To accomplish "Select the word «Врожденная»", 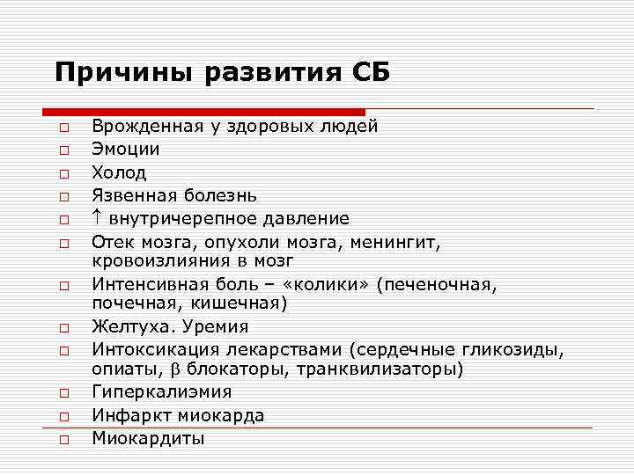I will pyautogui.click(x=147, y=126).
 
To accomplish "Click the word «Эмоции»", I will pyautogui.click(x=126, y=149).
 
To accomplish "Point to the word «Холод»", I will pyautogui.click(x=120, y=172).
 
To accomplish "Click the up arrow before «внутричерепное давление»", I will pyautogui.click(x=97, y=217).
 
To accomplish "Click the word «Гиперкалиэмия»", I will pyautogui.click(x=162, y=392).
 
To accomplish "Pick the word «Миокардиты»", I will pyautogui.click(x=148, y=437).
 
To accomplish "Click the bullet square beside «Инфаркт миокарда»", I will pyautogui.click(x=64, y=416).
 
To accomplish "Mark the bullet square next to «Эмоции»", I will pyautogui.click(x=64, y=150).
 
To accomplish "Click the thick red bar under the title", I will pyautogui.click(x=203, y=112).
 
